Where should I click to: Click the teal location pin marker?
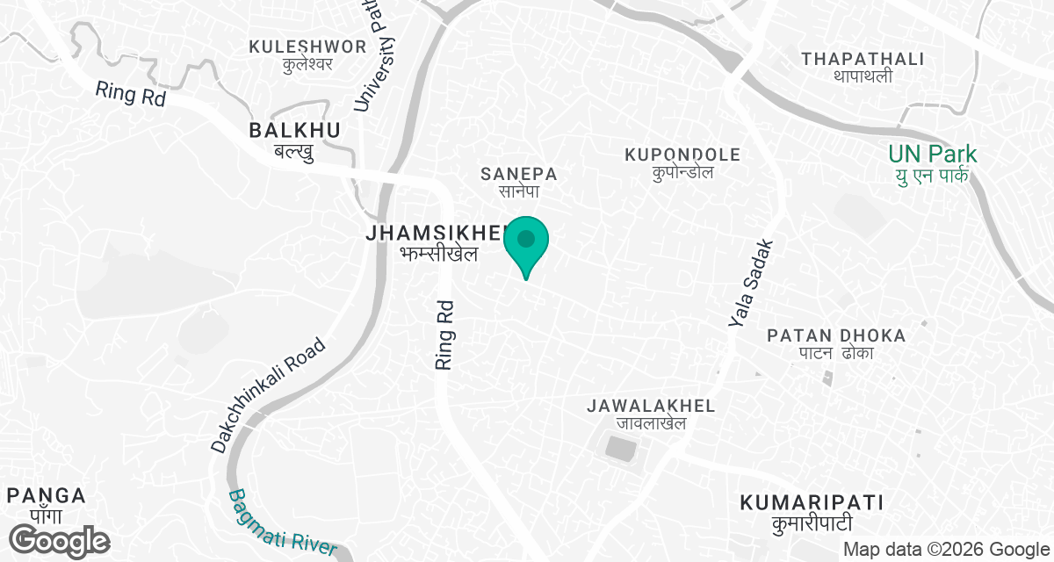click(x=526, y=243)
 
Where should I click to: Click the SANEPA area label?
click(x=519, y=182)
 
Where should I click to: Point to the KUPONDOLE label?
click(x=682, y=162)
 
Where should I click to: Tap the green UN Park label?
click(x=932, y=164)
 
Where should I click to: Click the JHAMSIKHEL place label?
click(x=437, y=242)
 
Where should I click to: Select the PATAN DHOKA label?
click(x=836, y=343)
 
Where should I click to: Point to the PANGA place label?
click(x=46, y=504)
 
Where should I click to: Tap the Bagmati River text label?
click(x=283, y=522)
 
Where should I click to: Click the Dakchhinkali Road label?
click(x=269, y=396)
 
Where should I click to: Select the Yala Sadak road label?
click(x=752, y=285)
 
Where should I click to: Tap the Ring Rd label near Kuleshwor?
click(x=130, y=94)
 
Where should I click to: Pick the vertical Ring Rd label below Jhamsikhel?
click(x=444, y=335)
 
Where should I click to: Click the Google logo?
click(x=60, y=539)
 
